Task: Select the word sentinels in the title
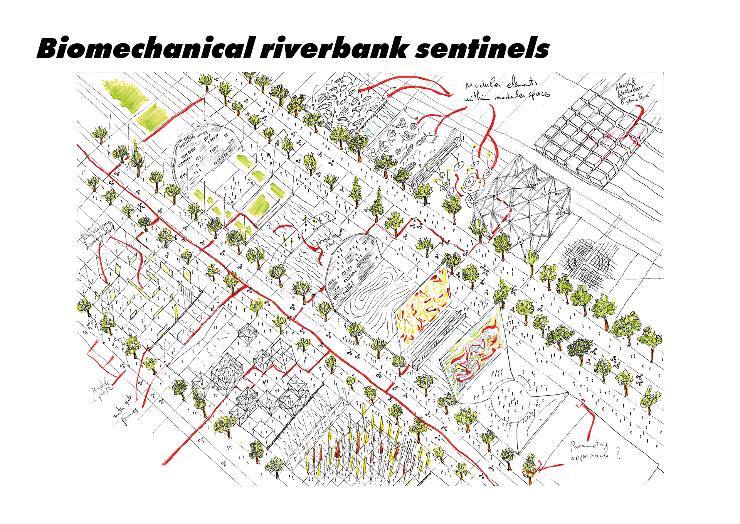coord(482,49)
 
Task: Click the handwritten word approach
coord(589,456)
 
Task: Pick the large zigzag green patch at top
coord(124,95)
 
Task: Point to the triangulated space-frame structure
coord(520,201)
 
